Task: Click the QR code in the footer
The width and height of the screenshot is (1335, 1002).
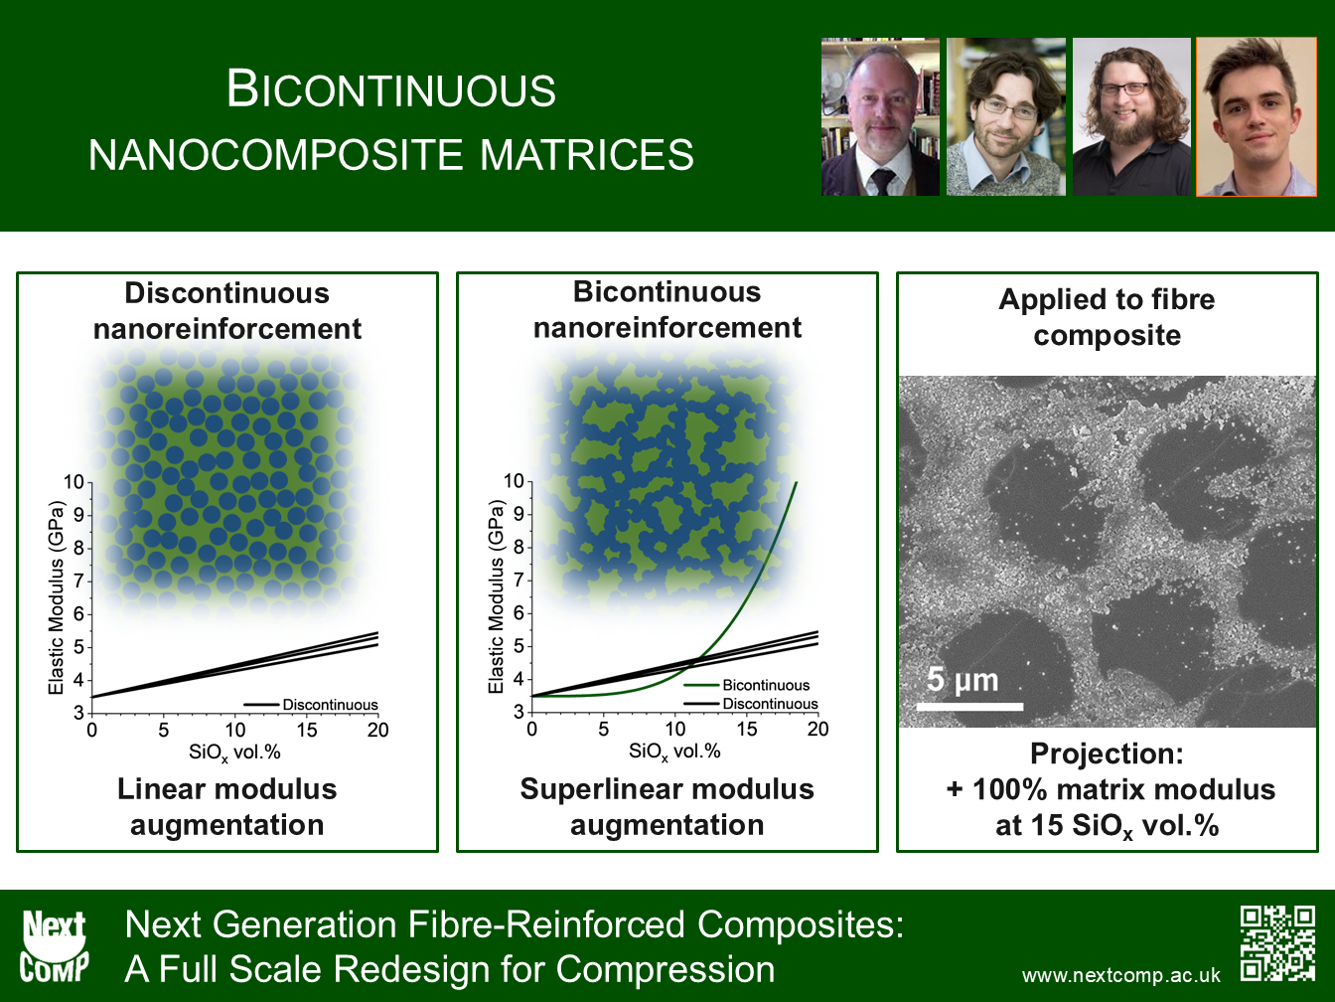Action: pos(1277,943)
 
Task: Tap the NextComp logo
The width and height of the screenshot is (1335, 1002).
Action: pos(54,946)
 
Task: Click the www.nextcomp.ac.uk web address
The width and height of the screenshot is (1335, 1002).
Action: pos(1120,976)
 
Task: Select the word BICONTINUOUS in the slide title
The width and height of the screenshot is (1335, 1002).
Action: pos(391,89)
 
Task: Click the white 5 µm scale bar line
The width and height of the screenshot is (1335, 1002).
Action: pos(969,707)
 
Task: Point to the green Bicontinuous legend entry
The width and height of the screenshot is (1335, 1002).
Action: pos(747,685)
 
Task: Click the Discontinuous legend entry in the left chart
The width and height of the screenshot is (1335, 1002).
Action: pos(311,705)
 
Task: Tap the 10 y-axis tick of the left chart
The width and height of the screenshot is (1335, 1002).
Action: pos(74,482)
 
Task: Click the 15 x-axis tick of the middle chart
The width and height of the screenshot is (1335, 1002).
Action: pos(746,729)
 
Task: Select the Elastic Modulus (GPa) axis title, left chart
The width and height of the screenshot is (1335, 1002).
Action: pos(56,597)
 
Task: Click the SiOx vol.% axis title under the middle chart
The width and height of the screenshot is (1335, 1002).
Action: pos(674,751)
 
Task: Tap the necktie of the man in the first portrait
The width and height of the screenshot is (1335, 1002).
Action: pos(882,183)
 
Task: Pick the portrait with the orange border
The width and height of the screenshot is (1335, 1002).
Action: pos(1257,117)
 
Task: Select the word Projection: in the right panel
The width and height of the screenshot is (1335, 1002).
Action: pos(1107,753)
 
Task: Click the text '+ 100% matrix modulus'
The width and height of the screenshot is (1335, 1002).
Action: pos(1111,789)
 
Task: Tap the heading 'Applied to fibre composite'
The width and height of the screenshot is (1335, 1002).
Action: pos(1107,317)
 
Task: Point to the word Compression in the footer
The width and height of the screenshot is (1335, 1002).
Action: pos(666,969)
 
